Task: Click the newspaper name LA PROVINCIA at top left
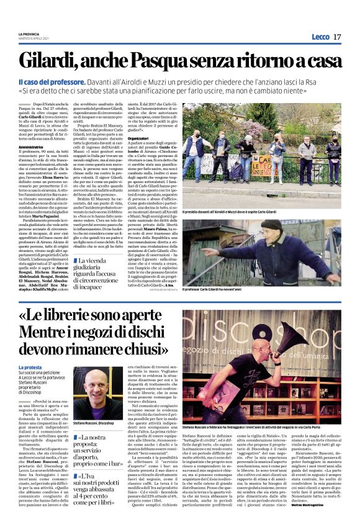click(29, 34)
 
